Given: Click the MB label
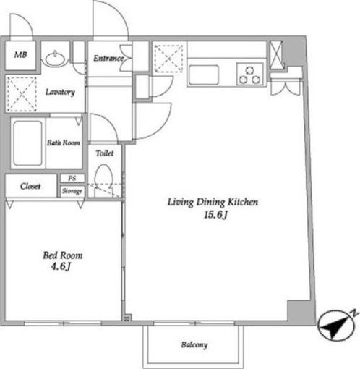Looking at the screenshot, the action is click(x=20, y=55).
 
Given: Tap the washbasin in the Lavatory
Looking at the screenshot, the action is click(x=56, y=59).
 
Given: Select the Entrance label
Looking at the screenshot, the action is click(x=108, y=58).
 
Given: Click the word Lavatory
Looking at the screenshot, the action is click(x=60, y=92).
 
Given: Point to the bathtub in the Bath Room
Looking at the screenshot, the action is click(x=27, y=143).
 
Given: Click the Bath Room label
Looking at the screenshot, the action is click(x=64, y=143).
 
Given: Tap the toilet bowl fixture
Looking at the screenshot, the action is click(x=103, y=180).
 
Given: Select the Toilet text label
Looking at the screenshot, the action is click(x=105, y=153).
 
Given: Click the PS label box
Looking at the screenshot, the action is click(x=72, y=178).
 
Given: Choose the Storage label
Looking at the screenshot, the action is click(x=72, y=191).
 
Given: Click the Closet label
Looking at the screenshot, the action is click(x=30, y=186).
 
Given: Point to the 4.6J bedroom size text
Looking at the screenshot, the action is click(x=61, y=266).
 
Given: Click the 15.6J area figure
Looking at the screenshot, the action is click(x=215, y=215).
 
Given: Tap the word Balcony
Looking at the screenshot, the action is click(x=194, y=345).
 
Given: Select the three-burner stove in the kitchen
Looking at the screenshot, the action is click(x=250, y=75).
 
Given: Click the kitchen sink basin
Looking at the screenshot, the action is click(x=204, y=75).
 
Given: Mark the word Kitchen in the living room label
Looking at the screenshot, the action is click(x=243, y=202).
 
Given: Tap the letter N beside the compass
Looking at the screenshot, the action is click(x=353, y=313).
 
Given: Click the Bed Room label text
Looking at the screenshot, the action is click(x=63, y=255).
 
